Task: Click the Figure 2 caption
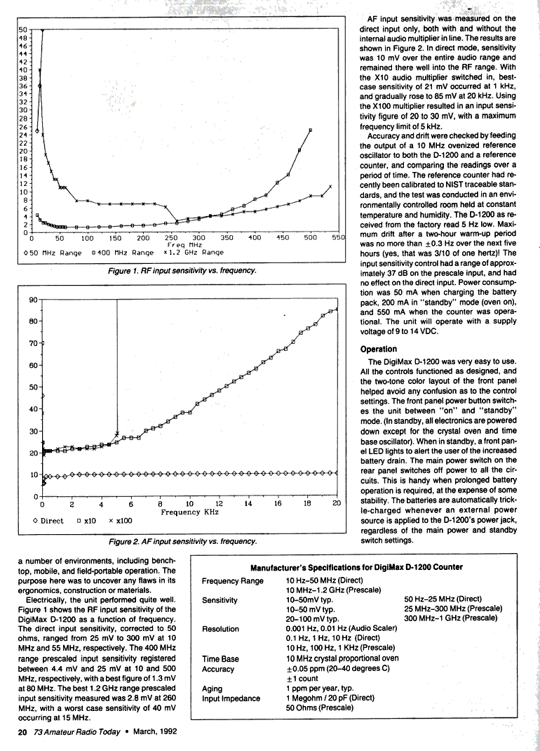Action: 184,541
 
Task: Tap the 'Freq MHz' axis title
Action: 185,245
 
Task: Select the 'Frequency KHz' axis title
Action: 189,512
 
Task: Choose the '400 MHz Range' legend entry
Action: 122,253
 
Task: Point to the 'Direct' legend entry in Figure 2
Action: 48,521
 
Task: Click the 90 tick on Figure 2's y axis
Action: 32,300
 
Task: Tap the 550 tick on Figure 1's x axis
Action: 339,238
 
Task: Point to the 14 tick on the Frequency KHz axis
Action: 248,504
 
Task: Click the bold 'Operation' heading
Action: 379,349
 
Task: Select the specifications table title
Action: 356,567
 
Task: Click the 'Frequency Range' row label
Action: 233,581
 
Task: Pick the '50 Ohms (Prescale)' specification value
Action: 319,708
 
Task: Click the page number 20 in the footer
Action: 22,732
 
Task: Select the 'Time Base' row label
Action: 220,659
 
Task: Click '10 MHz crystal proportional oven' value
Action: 342,659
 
